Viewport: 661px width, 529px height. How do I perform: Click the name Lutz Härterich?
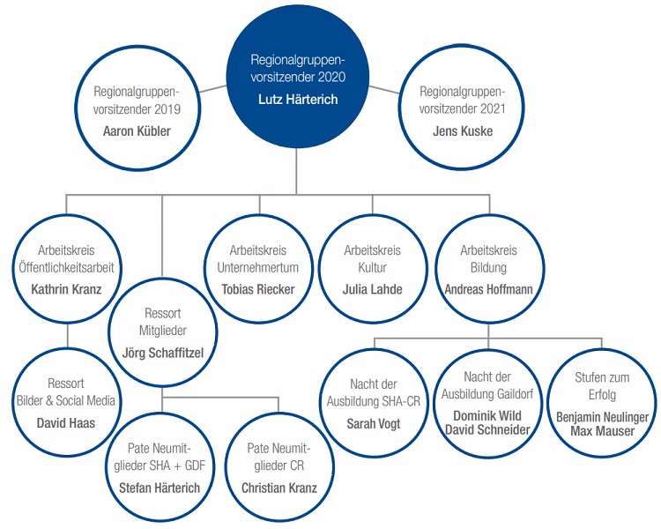298,100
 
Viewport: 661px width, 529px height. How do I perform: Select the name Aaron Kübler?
137,131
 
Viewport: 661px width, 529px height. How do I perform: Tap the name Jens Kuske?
463,131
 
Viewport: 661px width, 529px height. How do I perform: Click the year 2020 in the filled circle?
331,77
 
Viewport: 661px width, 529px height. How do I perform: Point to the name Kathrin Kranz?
67,289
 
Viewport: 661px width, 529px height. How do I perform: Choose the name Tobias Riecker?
258,289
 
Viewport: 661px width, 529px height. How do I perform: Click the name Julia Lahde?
372,289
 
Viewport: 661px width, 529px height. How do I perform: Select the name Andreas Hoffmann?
488,289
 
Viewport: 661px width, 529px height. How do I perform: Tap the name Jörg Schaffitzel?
163,353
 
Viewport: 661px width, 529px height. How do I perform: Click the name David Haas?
66,422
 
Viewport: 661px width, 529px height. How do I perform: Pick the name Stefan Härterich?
160,488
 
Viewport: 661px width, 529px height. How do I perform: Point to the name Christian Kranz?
279,488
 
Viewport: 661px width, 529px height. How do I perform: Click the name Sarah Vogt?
374,423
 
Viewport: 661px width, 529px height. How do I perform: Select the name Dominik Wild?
487,416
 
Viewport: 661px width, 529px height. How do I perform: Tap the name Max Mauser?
603,431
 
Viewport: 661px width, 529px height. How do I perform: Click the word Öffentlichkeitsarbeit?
67,267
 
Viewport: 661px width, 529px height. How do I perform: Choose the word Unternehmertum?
258,267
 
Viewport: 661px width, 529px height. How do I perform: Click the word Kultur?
372,267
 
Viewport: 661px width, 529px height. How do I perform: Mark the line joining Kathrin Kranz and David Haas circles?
67,336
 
